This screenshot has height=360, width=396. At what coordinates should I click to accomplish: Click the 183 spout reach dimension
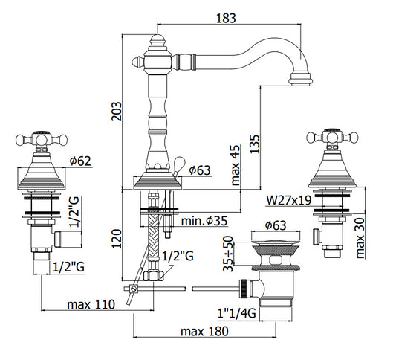click(226, 18)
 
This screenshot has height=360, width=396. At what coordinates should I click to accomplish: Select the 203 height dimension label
click(117, 112)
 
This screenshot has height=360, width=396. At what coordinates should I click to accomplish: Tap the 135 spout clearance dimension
click(255, 144)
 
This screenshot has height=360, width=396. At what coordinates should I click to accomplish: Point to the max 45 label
click(236, 165)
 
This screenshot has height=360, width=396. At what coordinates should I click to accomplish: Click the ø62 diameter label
click(80, 161)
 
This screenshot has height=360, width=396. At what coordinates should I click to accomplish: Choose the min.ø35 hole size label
click(204, 221)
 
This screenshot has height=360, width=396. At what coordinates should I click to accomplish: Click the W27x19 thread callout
click(289, 201)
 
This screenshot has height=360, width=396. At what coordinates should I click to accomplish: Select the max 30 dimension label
click(360, 238)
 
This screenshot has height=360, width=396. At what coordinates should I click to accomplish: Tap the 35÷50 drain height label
click(228, 254)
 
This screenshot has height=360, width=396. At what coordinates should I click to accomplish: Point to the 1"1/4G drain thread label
click(237, 313)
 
